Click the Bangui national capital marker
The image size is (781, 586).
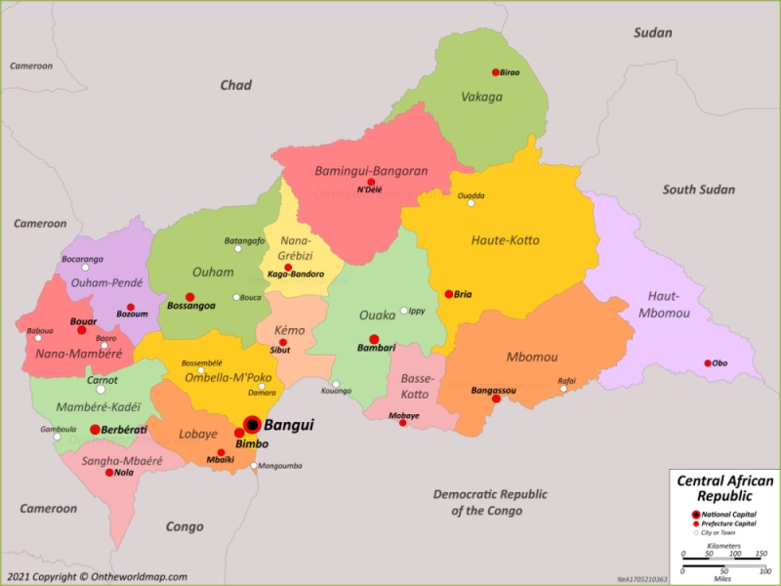252,424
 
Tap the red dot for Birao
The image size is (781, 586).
496,72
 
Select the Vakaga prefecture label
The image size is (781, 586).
481,97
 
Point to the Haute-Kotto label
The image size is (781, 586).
505,240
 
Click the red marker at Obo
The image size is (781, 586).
708,363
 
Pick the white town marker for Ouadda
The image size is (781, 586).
471,203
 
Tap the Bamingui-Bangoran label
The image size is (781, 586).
371,171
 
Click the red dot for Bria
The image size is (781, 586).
449,294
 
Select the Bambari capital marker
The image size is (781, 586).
374,339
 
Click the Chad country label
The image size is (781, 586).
235,86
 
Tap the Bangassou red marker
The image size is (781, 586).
496,398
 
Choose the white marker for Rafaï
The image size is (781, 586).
562,389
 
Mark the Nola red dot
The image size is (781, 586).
109,473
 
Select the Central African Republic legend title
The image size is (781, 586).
723,488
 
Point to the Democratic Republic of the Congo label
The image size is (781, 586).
490,502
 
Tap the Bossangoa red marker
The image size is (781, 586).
190,297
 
